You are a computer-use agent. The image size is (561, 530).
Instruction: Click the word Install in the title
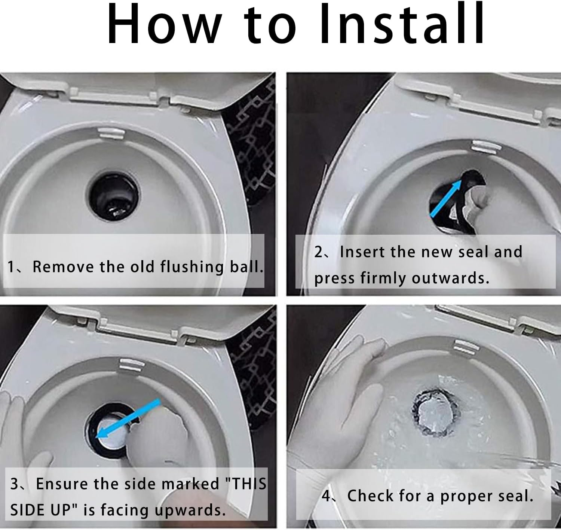pos(402,24)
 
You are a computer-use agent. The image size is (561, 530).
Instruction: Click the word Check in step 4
pos(370,496)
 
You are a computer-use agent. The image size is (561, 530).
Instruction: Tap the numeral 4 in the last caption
pos(326,496)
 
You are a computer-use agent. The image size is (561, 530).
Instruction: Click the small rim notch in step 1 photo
pos(111,133)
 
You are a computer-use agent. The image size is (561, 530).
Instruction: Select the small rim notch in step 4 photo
pos(466,347)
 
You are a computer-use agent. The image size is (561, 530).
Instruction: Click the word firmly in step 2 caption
pos(384,278)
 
